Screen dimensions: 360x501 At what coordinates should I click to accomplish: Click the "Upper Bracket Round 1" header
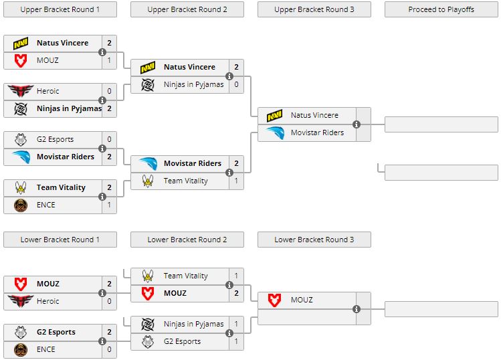[x=60, y=9]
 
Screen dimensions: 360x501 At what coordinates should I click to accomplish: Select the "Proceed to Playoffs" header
[x=441, y=9]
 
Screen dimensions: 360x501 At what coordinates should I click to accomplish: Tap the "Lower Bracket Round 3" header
[x=314, y=240]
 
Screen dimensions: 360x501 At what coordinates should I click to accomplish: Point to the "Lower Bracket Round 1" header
[x=60, y=240]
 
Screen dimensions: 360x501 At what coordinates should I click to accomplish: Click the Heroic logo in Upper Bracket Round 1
[x=21, y=91]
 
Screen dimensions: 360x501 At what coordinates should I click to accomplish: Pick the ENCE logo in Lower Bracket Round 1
[x=21, y=349]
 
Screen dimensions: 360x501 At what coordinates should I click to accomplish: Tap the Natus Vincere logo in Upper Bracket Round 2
[x=148, y=67]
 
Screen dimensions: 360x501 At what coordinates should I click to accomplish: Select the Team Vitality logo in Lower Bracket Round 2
[x=148, y=276]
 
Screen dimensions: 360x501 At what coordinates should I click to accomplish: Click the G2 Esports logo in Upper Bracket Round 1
[x=21, y=139]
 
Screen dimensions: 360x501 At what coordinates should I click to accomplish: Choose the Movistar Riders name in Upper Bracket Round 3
[x=317, y=132]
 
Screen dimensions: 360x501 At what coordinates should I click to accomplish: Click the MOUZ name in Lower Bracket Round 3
[x=302, y=300]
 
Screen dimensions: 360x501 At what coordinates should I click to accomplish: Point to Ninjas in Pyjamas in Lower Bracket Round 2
[x=193, y=324]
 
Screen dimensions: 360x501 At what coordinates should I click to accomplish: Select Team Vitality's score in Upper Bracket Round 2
[x=236, y=181]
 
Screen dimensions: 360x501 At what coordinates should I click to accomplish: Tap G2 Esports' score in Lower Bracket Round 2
[x=236, y=341]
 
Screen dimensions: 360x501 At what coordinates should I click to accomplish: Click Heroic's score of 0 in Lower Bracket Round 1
[x=109, y=301]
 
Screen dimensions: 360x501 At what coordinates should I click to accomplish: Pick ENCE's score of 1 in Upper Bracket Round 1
[x=109, y=205]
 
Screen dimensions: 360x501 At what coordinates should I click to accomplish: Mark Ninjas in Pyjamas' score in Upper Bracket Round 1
[x=109, y=108]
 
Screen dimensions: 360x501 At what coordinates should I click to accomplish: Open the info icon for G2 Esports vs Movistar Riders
[x=102, y=149]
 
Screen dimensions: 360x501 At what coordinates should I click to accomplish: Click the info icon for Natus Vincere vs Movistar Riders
[x=357, y=124]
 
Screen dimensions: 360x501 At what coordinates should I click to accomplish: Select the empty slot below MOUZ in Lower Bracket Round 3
[x=314, y=317]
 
